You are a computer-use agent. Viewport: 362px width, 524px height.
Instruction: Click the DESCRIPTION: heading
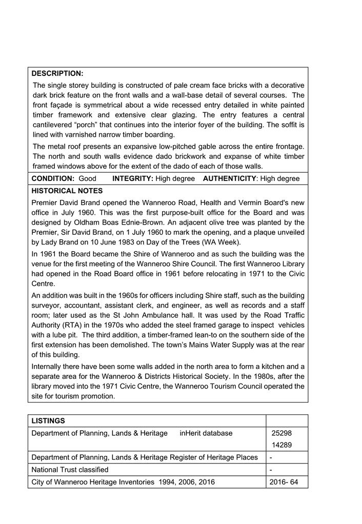click(57, 73)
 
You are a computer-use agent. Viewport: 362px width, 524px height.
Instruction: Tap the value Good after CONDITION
click(88, 178)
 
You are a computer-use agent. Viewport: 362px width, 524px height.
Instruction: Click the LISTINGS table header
click(48, 421)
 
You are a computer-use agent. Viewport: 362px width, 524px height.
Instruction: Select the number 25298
click(281, 433)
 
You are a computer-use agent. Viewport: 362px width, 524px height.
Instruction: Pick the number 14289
click(281, 445)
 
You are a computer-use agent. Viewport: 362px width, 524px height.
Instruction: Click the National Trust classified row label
click(70, 470)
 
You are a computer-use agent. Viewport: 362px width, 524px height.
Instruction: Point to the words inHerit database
click(206, 433)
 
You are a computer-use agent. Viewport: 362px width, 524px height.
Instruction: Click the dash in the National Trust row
click(271, 470)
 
